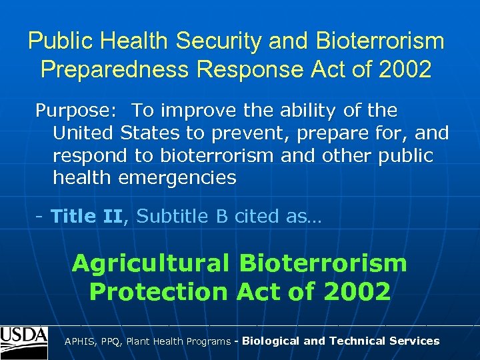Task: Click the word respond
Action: point(89,156)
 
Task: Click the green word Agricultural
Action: point(151,263)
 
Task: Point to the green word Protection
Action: point(159,291)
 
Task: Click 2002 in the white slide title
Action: point(403,69)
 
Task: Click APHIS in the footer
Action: point(79,341)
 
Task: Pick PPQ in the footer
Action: point(111,341)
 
